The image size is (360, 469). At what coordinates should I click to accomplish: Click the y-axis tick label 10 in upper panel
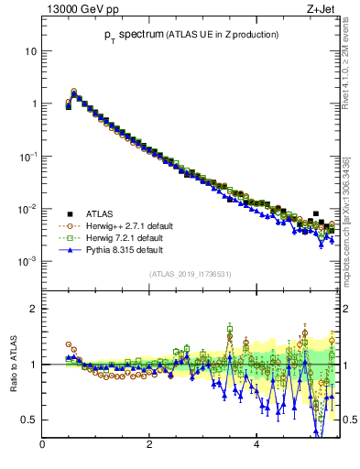coord(30,51)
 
